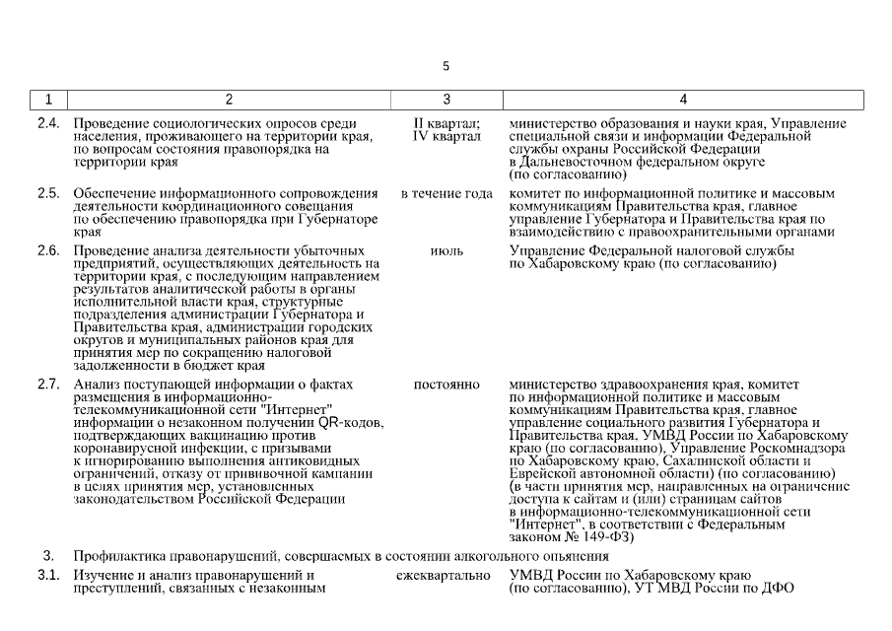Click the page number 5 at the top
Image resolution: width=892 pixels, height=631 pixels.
click(446, 66)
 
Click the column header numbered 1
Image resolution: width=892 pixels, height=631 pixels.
click(48, 100)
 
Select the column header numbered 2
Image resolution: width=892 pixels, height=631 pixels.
click(229, 100)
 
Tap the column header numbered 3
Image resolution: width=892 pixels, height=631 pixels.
click(446, 100)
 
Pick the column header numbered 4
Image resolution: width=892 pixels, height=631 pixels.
click(683, 100)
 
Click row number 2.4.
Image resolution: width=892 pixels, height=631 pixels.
click(48, 123)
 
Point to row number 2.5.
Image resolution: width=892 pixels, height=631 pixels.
click(48, 193)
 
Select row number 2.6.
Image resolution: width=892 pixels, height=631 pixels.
click(48, 251)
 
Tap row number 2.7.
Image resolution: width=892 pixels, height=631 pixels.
click(48, 384)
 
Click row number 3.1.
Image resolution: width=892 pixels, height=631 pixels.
click(48, 576)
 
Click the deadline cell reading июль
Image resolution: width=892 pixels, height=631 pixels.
click(446, 251)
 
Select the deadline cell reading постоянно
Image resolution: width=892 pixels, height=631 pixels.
click(446, 384)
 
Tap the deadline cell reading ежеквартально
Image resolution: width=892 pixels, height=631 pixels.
click(444, 576)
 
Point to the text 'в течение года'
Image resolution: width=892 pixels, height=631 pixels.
click(446, 193)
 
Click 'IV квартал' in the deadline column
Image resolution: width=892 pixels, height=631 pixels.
click(446, 136)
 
